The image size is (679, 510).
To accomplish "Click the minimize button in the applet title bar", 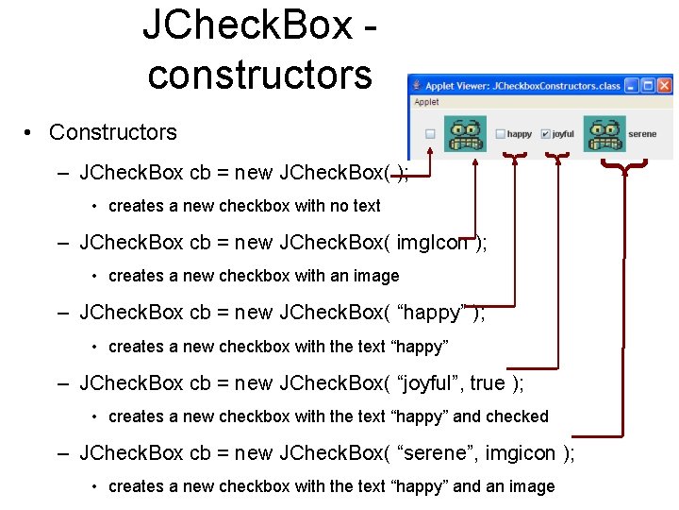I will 632,85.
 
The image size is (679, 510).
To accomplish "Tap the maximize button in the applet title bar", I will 649,85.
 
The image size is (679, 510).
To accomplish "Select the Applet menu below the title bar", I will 427,102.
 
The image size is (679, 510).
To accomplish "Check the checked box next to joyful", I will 547,134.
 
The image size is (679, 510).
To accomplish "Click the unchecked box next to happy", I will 501,134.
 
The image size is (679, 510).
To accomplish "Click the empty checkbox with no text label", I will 430,134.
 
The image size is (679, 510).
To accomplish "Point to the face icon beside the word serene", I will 604,133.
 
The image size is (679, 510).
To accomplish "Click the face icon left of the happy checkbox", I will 465,133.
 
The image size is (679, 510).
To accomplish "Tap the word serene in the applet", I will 642,134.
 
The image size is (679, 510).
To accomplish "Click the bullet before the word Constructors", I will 31,133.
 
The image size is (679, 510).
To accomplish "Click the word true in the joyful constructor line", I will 488,382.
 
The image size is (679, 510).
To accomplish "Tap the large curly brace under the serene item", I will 625,168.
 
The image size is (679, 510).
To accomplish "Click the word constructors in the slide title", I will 260,74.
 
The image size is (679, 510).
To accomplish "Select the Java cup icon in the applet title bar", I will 418,85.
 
